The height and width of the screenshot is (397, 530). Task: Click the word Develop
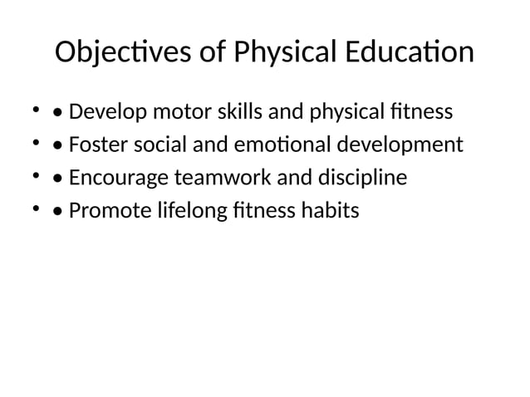[x=106, y=111]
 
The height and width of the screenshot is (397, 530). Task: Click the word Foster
[x=96, y=145]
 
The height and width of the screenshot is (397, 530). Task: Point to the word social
[x=155, y=145]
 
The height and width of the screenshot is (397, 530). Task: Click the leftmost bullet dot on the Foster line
[x=37, y=145]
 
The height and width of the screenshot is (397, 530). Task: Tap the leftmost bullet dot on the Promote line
[x=37, y=208]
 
